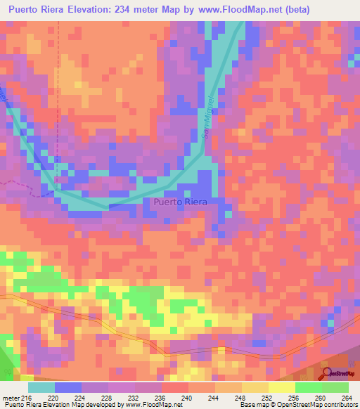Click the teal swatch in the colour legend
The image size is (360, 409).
pyautogui.click(x=41, y=387)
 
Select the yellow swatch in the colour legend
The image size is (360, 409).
pyautogui.click(x=281, y=387)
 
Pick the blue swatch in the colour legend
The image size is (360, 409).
pyautogui.click(x=68, y=387)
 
